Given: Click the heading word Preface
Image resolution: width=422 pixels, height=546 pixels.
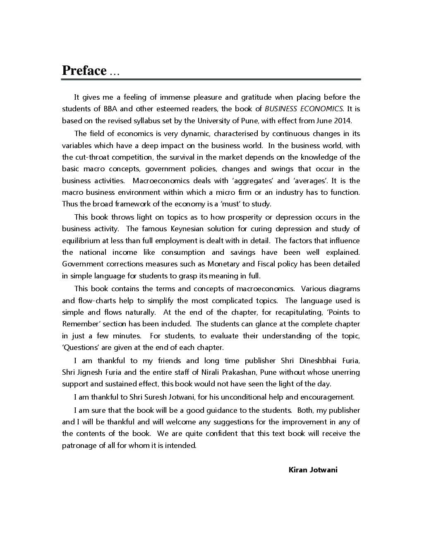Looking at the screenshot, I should pos(84,71).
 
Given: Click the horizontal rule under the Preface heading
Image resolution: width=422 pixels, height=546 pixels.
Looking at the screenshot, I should pos(211,79).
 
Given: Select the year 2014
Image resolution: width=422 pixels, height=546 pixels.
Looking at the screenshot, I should pos(341,121).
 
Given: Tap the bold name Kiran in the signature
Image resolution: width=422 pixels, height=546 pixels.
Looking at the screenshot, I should pos(297,469).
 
